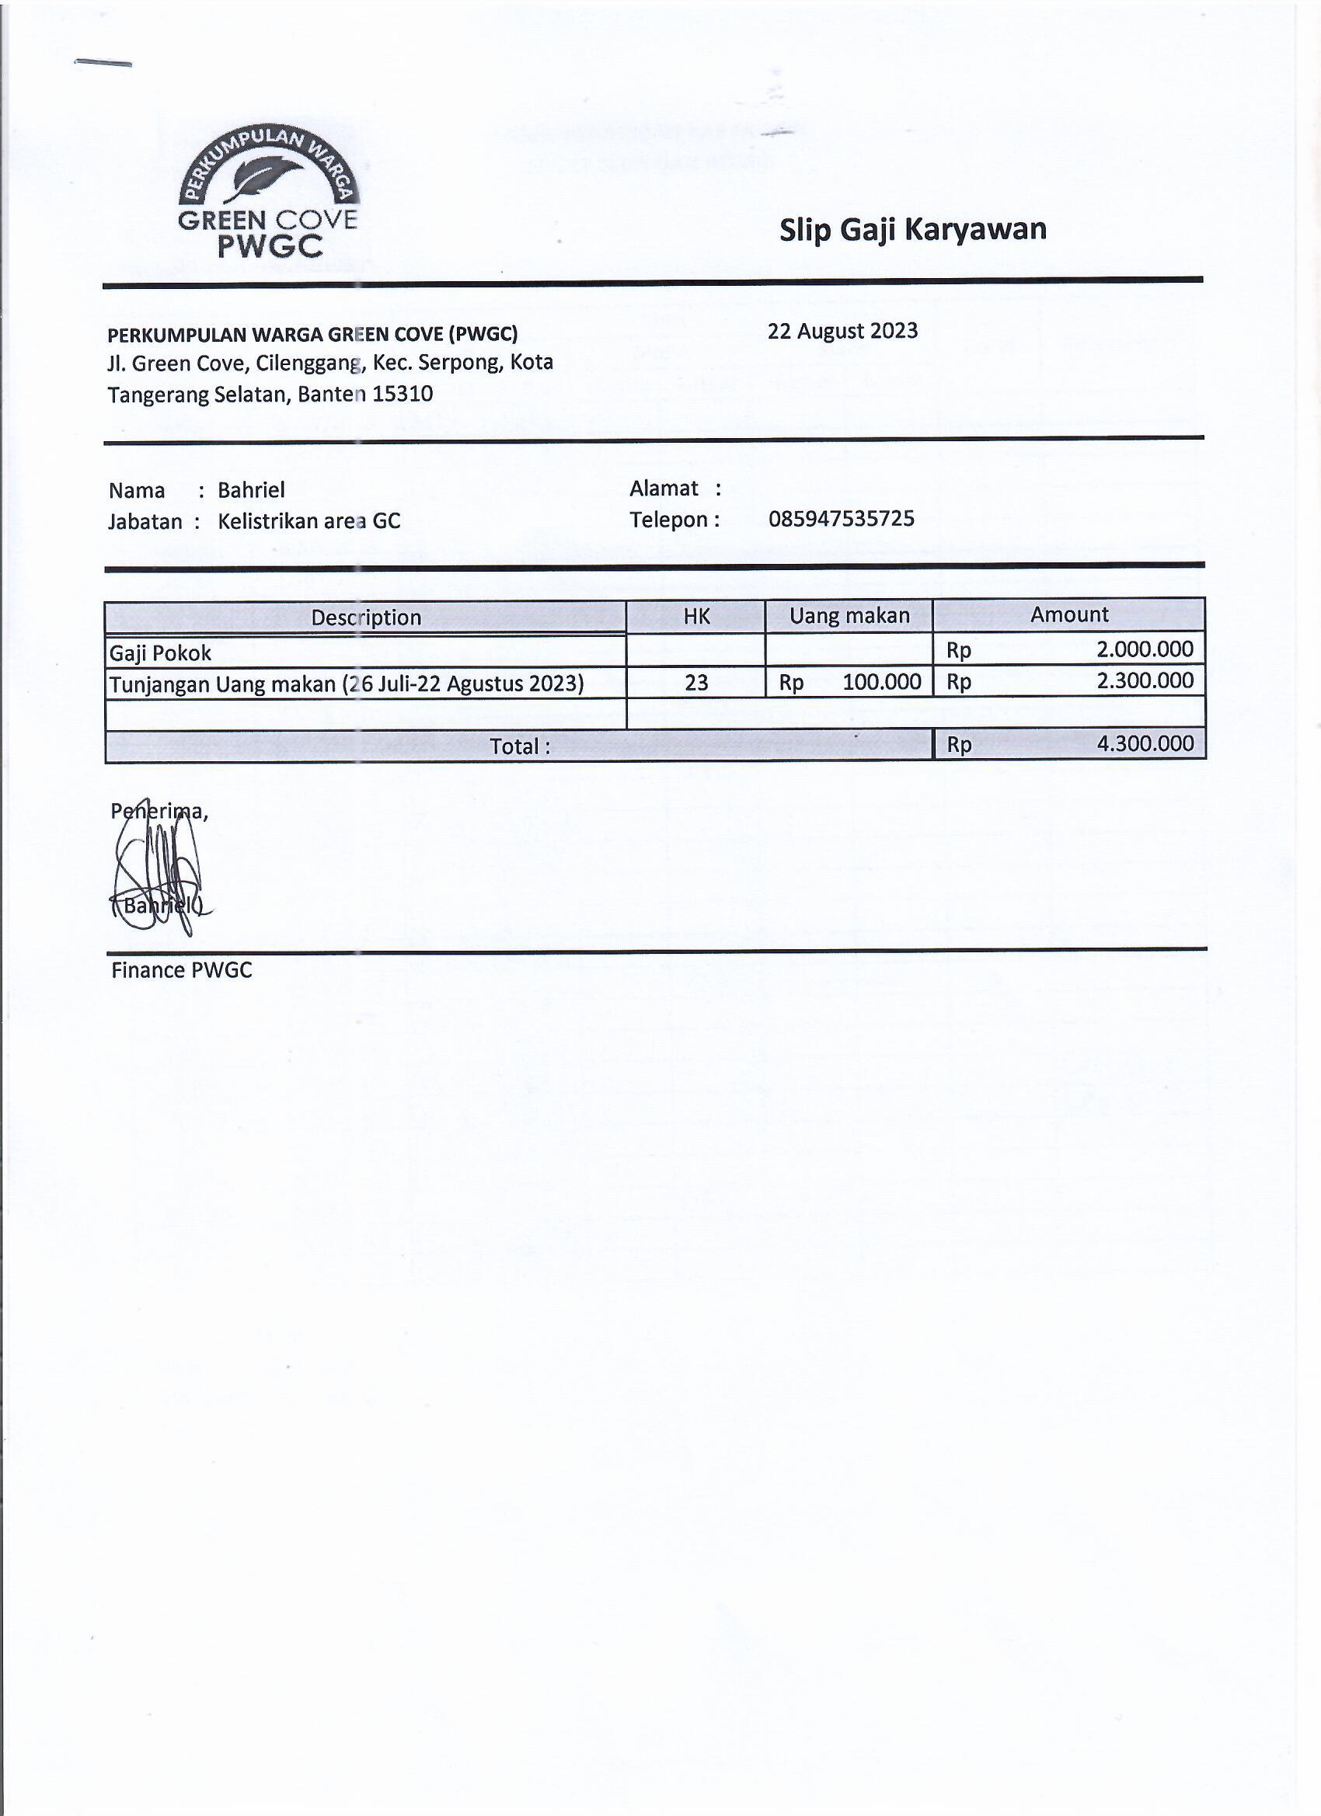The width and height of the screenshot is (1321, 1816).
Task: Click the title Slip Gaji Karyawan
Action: [x=912, y=230]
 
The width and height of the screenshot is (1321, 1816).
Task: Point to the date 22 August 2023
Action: [x=842, y=331]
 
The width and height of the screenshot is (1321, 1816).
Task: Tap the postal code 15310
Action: [x=403, y=394]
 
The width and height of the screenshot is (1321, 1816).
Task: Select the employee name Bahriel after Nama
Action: [x=251, y=490]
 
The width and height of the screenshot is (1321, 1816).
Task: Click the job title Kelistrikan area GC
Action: [x=308, y=521]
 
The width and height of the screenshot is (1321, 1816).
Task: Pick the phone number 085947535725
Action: [x=841, y=519]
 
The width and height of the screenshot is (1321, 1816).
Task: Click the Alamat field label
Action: [x=664, y=489]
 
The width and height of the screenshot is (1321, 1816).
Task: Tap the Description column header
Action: [x=365, y=618]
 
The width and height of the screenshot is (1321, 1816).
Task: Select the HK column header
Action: [x=696, y=616]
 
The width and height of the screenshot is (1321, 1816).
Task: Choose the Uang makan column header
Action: [x=849, y=616]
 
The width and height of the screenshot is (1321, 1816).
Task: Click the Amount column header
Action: [x=1068, y=614]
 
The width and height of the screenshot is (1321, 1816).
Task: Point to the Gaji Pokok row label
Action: [x=160, y=653]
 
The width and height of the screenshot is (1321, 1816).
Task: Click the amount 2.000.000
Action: [x=1145, y=649]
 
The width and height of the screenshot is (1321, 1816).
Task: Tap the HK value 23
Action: [x=696, y=682]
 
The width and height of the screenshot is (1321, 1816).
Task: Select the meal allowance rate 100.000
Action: [x=881, y=682]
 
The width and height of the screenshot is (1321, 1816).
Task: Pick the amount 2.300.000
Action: [x=1145, y=680]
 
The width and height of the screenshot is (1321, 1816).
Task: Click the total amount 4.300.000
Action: [x=1145, y=744]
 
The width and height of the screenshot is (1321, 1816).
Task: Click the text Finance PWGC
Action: [x=181, y=970]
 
